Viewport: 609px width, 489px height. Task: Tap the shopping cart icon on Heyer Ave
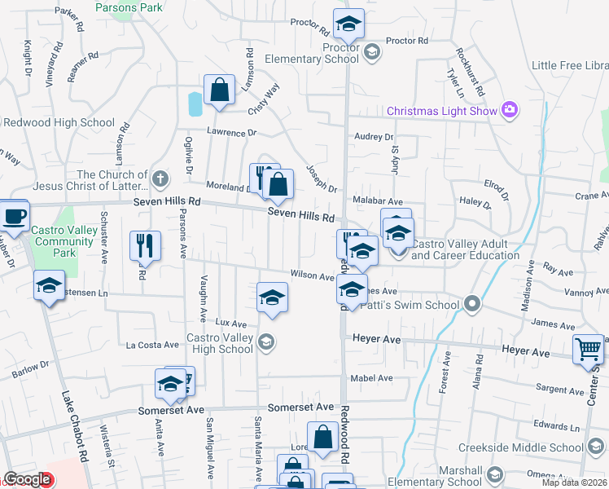point(587,350)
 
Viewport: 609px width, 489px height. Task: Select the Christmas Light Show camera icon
point(510,110)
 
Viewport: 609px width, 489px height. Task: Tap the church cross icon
point(160,177)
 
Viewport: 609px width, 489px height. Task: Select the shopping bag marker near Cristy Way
point(220,90)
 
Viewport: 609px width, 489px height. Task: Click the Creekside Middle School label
point(521,447)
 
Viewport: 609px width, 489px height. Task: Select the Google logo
point(27,479)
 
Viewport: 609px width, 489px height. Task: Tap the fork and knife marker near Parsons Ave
point(145,244)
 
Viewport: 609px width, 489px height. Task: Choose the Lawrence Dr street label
point(231,132)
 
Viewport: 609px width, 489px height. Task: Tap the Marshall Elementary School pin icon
point(493,474)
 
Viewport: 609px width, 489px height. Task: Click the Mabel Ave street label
point(371,378)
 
